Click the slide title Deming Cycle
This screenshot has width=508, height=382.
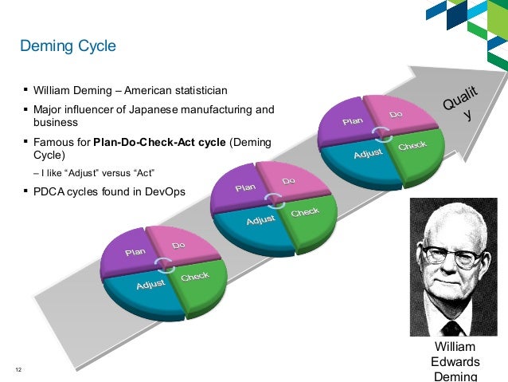(x=68, y=46)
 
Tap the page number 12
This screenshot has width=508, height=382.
(x=18, y=368)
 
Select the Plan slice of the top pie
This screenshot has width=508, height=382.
(x=353, y=121)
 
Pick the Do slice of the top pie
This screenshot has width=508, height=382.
(x=398, y=116)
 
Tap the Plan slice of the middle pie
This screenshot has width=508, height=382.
(x=245, y=188)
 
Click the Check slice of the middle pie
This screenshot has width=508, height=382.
(x=305, y=213)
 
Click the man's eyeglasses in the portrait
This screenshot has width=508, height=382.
(x=452, y=256)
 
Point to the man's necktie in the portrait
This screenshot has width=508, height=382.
(x=451, y=328)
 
